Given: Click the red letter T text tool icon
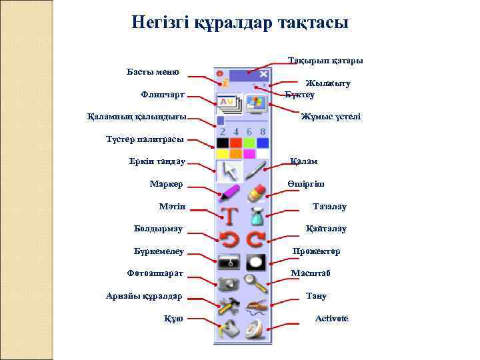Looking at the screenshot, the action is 229,216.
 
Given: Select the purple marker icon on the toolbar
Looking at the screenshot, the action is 229,193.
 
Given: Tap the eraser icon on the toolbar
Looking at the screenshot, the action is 256,193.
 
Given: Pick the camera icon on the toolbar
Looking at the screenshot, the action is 229,283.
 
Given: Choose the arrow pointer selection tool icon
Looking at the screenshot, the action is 229,170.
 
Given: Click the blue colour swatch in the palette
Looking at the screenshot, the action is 263,143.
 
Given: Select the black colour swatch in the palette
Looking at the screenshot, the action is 221,143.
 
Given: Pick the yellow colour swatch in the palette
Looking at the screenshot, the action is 221,154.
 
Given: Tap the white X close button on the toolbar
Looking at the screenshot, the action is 264,74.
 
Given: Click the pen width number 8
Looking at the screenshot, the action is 263,131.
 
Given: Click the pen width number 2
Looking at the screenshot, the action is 222,131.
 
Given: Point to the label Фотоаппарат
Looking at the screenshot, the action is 155,273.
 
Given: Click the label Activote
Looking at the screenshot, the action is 331,318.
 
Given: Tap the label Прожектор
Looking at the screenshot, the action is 317,251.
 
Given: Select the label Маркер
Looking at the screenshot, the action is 167,184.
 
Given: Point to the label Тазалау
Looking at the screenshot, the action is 329,207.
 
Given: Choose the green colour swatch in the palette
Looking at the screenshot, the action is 249,143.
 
